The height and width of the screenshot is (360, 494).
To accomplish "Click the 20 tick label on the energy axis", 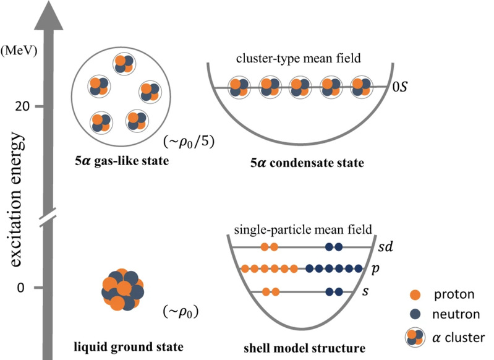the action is coord(22,106).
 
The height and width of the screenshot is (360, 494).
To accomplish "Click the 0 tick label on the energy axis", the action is coord(21,288).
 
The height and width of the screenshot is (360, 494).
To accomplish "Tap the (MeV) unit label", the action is coord(19,51).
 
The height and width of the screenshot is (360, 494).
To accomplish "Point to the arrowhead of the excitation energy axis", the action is coord(48,15).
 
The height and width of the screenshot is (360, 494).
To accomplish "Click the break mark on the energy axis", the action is coord(48,217).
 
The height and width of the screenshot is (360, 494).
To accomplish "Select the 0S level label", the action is coord(399,87).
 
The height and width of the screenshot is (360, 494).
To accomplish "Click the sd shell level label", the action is coord(386,247).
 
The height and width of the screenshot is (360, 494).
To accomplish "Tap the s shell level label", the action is coord(365,291).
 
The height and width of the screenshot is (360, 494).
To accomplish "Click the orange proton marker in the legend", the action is coord(415,295).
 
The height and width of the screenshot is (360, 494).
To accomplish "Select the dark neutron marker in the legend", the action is coord(415,314).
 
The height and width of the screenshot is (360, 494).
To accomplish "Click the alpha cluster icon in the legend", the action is coord(415,338).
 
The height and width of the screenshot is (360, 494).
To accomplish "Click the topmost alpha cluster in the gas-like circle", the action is coord(124,64).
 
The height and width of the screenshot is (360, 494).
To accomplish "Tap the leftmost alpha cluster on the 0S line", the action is coord(238,87).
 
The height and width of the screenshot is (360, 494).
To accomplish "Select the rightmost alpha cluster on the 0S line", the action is coord(361,87).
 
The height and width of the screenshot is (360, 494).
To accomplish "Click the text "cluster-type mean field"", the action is coord(299,58).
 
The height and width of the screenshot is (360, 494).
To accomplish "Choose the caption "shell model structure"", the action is coord(305,348).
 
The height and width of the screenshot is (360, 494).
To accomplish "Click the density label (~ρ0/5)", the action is coord(189,142).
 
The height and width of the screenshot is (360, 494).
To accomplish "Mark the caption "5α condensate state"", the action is coord(307,163).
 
